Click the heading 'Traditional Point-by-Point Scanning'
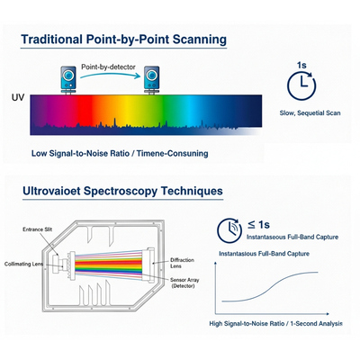[x=123, y=40]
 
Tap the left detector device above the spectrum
[x=68, y=80]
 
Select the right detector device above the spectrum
[x=151, y=80]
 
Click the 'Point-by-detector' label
[x=108, y=67]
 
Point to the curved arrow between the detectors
[x=110, y=75]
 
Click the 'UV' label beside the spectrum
[x=18, y=97]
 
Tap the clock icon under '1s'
[x=301, y=85]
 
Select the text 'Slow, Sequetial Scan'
[x=310, y=113]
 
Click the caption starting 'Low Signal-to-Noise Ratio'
[x=120, y=154]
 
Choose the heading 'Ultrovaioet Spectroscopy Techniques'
[x=122, y=191]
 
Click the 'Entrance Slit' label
[x=38, y=229]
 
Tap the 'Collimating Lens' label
[x=23, y=264]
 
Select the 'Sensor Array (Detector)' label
[x=184, y=283]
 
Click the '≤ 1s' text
[x=258, y=224]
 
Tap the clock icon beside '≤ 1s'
[x=229, y=230]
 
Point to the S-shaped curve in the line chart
[x=270, y=286]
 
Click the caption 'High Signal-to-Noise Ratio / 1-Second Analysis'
[x=275, y=324]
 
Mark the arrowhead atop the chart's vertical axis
[x=215, y=264]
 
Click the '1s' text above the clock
[x=301, y=65]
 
